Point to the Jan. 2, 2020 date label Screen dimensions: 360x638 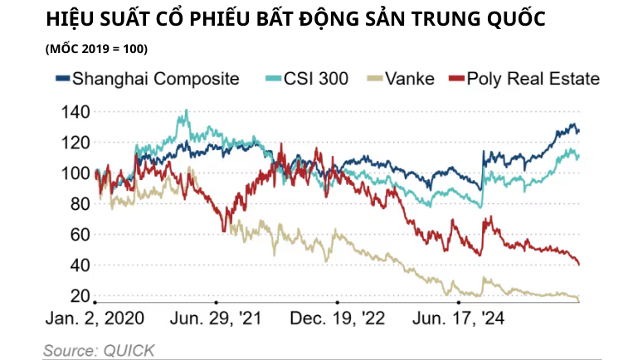coord(95,319)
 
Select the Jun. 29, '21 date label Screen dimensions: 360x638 coord(214,319)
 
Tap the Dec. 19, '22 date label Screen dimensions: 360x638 coord(337,319)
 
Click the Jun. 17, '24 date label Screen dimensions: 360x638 coord(459,319)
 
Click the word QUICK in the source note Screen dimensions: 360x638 coord(128,350)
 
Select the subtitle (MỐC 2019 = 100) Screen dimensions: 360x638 coord(96,49)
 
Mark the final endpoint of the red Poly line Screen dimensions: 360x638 coord(578,265)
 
